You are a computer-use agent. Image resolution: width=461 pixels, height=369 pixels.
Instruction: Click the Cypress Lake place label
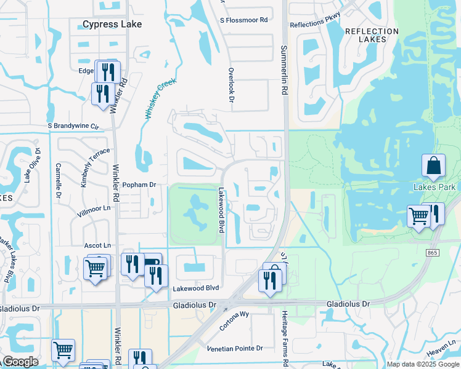[x=113, y=25]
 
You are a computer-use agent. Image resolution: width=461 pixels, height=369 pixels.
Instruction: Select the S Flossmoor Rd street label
[x=243, y=20]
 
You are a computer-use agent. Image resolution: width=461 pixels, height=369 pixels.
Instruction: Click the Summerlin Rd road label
[x=284, y=69]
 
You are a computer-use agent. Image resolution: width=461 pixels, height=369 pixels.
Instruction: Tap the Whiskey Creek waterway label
[x=161, y=98]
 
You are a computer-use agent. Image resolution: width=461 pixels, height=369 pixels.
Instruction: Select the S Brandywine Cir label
[x=73, y=126]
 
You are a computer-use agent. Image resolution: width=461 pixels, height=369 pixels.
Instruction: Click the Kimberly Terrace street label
[x=86, y=167]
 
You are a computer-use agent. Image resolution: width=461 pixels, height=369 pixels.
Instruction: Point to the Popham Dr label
[x=137, y=184]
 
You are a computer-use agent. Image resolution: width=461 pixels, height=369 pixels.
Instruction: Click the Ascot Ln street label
[x=98, y=245]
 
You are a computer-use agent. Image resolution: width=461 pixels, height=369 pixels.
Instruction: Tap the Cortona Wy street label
[x=234, y=320]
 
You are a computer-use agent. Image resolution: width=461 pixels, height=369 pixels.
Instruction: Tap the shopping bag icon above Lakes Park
[x=433, y=166]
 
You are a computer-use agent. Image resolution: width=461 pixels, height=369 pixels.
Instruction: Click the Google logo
[x=20, y=361]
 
